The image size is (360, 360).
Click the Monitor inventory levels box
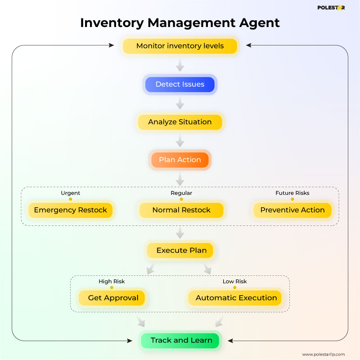pyautogui.click(x=180, y=46)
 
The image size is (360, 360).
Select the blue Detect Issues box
pyautogui.click(x=180, y=84)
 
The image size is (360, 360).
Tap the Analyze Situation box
pyautogui.click(x=180, y=122)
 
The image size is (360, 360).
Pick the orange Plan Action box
pyautogui.click(x=180, y=160)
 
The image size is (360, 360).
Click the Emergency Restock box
pyautogui.click(x=71, y=210)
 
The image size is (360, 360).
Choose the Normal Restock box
pyautogui.click(x=181, y=210)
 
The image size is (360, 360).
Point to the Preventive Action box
pyautogui.click(x=292, y=210)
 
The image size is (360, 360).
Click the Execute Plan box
pyautogui.click(x=181, y=250)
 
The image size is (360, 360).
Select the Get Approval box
pyautogui.click(x=112, y=298)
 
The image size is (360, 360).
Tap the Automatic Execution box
pyautogui.click(x=236, y=298)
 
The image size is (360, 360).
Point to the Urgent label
pyautogui.click(x=71, y=193)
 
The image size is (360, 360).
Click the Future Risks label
pyautogui.click(x=292, y=193)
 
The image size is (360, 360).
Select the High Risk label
pyautogui.click(x=112, y=281)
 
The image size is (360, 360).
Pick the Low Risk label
pyautogui.click(x=234, y=281)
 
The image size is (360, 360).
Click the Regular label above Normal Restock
pyautogui.click(x=181, y=193)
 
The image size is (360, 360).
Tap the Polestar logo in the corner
pyautogui.click(x=331, y=8)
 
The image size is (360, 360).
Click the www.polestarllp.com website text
pyautogui.click(x=323, y=354)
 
